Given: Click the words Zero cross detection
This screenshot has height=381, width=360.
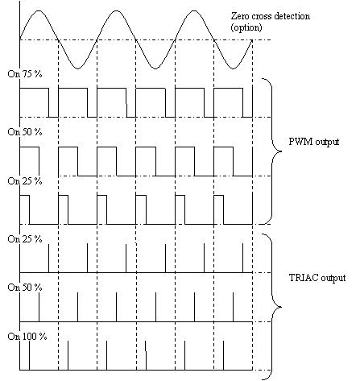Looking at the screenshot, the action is pos(271,16).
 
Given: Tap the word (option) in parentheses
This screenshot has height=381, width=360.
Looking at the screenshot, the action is pos(246,27).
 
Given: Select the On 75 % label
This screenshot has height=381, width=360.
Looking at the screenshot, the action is pos(25,74).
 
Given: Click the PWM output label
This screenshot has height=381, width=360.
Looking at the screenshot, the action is pos(314,142).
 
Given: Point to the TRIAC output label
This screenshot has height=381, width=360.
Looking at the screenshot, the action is pos(317,278).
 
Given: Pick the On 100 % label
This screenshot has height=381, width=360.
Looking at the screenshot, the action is pos(27,336).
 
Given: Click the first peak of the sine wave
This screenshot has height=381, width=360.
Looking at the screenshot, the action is pos(39,10).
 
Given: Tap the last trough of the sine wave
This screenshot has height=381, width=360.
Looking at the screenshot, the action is pos(233,68).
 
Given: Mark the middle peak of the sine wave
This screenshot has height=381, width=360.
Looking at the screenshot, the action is pos(116,10).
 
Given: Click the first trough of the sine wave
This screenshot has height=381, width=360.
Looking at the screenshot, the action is pos(77,68).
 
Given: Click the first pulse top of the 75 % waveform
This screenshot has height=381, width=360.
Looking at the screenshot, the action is pos(34,88).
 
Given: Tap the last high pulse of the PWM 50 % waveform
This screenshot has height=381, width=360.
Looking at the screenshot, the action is pos(223,147).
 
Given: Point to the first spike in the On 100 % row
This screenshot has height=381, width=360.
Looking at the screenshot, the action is pos(29,355).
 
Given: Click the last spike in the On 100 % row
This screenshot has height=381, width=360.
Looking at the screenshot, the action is pos(223,355).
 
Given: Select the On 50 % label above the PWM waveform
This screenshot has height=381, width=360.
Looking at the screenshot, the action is pos(25,132).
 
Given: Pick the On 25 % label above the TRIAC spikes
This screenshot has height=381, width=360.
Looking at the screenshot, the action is pos(25,238).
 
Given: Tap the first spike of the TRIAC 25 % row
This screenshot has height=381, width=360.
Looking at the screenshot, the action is pos(48,259).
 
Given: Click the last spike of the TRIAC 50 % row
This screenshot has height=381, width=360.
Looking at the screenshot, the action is pos(233,307).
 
